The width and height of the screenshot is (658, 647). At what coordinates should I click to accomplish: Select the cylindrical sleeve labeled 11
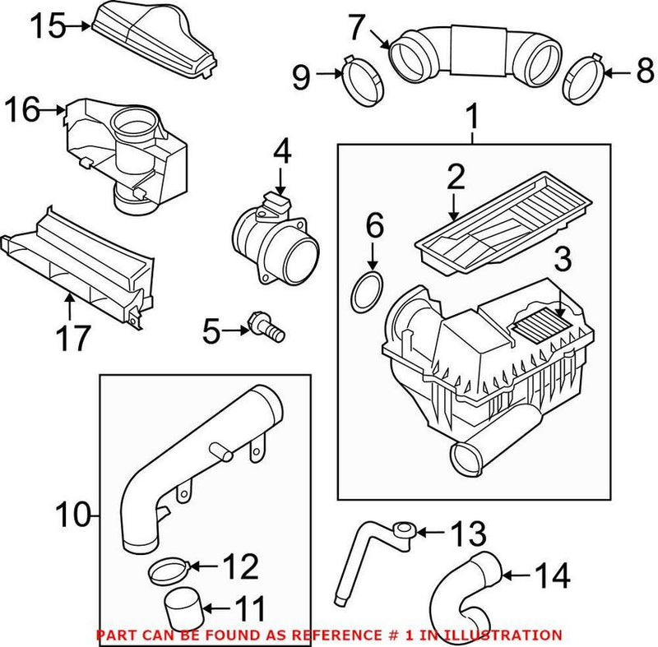click(183, 608)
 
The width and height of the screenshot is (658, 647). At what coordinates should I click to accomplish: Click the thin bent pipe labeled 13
click(362, 551)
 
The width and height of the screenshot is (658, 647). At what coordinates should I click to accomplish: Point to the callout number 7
click(354, 29)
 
